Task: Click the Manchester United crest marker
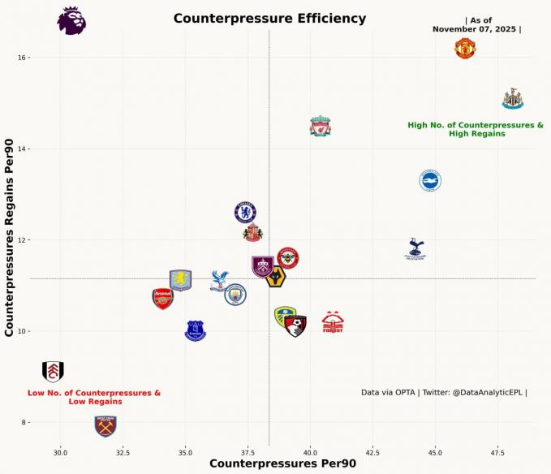[465, 49]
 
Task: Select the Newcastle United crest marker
[513, 99]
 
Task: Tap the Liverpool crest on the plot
[321, 127]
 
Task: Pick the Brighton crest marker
[430, 181]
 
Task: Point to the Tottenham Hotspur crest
[415, 248]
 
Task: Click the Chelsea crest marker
[246, 213]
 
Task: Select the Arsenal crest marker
[163, 299]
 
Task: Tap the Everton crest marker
[196, 330]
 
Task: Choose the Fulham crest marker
[53, 372]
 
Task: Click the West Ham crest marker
[105, 426]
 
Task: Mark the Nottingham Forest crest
[333, 322]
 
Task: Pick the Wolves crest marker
[276, 278]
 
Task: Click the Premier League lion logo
[71, 21]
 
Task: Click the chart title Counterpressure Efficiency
[269, 19]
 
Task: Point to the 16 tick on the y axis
[24, 58]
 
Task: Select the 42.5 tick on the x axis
[372, 452]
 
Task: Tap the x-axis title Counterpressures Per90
[282, 463]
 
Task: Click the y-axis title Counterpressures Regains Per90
[11, 237]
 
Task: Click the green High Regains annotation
[476, 129]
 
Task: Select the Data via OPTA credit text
[444, 393]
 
